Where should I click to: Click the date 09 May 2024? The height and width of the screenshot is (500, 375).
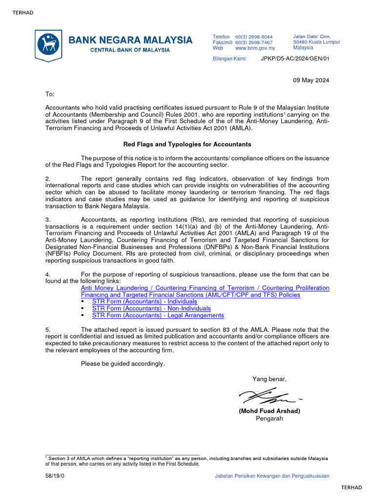(311, 81)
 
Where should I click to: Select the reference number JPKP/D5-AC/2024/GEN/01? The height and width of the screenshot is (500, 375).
(295, 59)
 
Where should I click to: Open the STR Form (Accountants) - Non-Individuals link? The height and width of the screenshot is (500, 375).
(151, 309)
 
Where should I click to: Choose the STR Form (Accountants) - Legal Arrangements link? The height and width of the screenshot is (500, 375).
(155, 315)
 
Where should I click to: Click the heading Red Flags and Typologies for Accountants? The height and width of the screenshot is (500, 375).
(187, 145)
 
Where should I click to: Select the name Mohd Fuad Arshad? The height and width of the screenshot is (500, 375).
(270, 411)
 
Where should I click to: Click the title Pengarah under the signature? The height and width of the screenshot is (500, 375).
(270, 418)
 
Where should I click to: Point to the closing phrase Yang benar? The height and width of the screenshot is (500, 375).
(270, 379)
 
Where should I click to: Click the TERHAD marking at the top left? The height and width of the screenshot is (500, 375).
(23, 13)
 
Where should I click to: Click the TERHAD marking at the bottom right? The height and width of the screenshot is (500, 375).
(352, 487)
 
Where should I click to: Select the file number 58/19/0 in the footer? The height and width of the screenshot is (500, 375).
(55, 476)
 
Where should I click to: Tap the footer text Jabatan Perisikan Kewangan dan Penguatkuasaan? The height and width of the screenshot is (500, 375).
(272, 476)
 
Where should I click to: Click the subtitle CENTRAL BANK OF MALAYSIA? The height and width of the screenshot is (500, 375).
(130, 50)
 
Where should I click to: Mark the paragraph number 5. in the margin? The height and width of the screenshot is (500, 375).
(48, 330)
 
